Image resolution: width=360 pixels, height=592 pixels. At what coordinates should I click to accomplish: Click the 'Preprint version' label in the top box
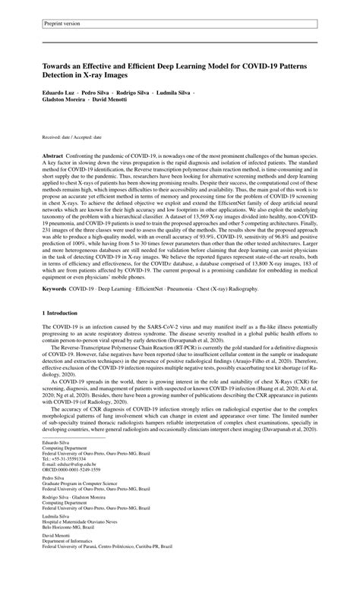[x=63, y=24]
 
